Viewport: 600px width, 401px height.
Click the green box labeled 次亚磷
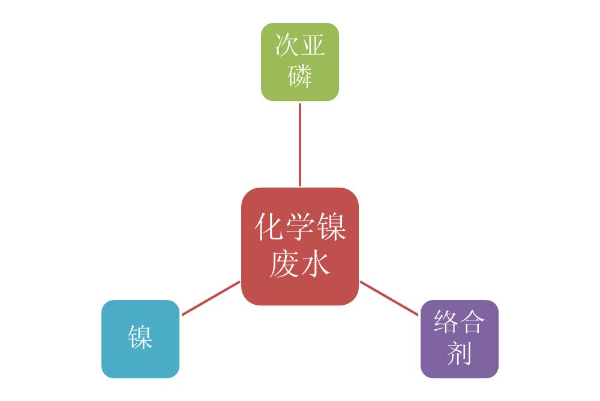pyautogui.click(x=300, y=62)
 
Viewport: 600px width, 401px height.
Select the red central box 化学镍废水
pyautogui.click(x=300, y=246)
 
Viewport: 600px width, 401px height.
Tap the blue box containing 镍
pyautogui.click(x=140, y=339)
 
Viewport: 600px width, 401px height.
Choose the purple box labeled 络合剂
pyautogui.click(x=460, y=339)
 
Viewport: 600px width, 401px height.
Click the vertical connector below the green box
pyautogui.click(x=300, y=145)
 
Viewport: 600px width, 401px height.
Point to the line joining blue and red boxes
pyautogui.click(x=211, y=298)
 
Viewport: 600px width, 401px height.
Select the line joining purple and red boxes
pyautogui.click(x=389, y=298)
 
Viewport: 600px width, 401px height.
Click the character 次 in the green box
pyautogui.click(x=287, y=45)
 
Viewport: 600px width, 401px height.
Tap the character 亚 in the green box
pyautogui.click(x=313, y=45)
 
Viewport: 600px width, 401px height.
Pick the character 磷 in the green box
pyautogui.click(x=300, y=76)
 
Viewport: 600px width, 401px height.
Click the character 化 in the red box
pyautogui.click(x=269, y=227)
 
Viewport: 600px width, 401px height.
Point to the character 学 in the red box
pyautogui.click(x=300, y=227)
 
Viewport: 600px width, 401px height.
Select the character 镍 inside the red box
pyautogui.click(x=331, y=227)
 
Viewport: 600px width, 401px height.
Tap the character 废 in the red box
pyautogui.click(x=284, y=264)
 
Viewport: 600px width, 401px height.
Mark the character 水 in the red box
pyautogui.click(x=316, y=264)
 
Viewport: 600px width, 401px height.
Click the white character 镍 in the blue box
pyautogui.click(x=140, y=337)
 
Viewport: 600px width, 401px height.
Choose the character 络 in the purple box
pyautogui.click(x=446, y=321)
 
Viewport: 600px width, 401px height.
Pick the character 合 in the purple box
pyautogui.click(x=472, y=321)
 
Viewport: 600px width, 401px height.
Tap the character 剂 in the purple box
pyautogui.click(x=459, y=353)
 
